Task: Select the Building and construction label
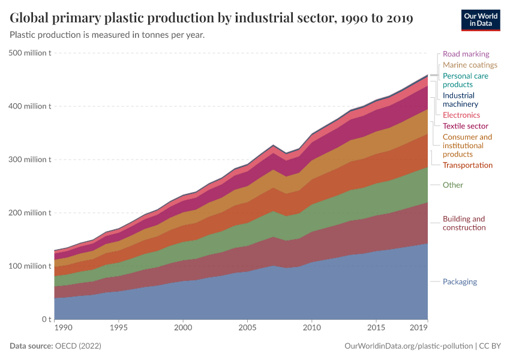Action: (464, 223)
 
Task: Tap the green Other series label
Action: (452, 185)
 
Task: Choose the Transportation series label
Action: (467, 165)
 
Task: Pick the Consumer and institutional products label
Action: (467, 146)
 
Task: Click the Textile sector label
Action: (465, 126)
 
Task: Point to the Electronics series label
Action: (461, 115)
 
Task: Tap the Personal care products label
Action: (465, 80)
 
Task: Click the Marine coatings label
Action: (470, 65)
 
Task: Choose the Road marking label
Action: (466, 54)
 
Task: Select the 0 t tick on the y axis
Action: (45, 319)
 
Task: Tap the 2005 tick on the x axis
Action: (247, 328)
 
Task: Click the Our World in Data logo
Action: (481, 19)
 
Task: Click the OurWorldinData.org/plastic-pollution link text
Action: (409, 346)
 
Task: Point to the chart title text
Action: (211, 18)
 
